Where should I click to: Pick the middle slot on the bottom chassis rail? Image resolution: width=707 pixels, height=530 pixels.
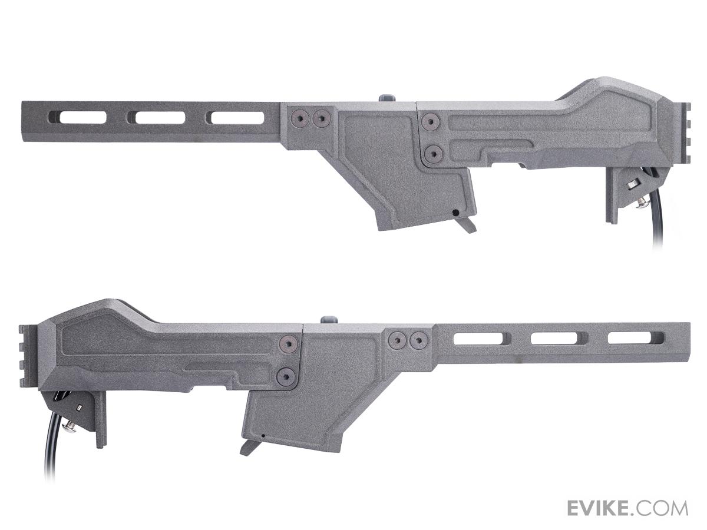559,338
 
